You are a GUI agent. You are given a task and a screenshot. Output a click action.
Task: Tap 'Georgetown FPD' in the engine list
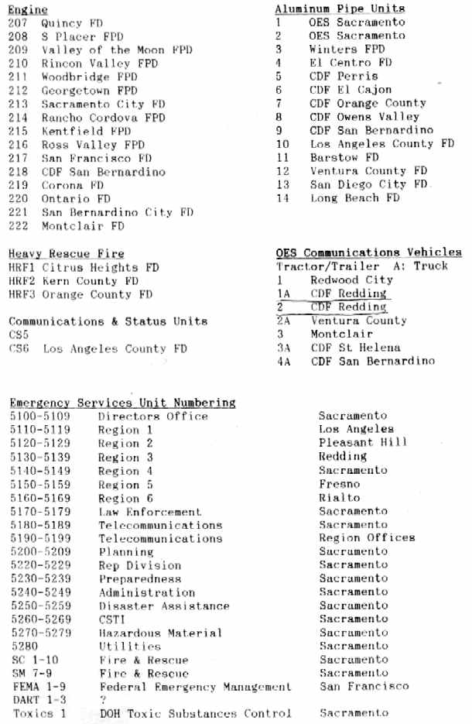click(x=90, y=91)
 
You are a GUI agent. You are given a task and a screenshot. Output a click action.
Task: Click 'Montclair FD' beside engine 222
click(x=83, y=226)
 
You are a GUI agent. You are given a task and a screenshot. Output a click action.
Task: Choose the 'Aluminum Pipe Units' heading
click(x=340, y=9)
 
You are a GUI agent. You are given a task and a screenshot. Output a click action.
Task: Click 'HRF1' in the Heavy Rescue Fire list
click(x=21, y=267)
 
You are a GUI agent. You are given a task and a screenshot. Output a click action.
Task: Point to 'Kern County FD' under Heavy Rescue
click(x=91, y=281)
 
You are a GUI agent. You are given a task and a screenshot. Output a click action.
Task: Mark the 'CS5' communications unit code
click(x=19, y=335)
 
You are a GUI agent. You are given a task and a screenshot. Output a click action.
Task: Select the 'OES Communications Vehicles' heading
click(x=368, y=252)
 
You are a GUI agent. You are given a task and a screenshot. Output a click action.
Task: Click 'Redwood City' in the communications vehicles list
click(x=351, y=280)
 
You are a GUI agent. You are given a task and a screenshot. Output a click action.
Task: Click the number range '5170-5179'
click(x=40, y=511)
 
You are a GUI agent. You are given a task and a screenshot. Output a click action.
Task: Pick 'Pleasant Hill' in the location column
click(x=362, y=443)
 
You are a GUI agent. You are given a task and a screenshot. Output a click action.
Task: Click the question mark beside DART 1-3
click(x=103, y=700)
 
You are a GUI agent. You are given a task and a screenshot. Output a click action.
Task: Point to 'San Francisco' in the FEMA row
click(x=364, y=686)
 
